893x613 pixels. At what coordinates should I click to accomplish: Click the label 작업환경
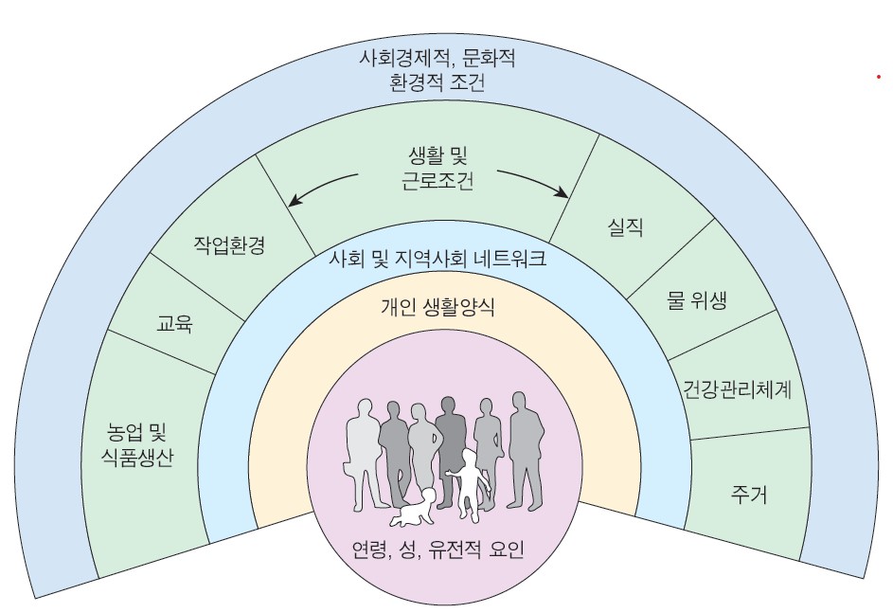click(229, 245)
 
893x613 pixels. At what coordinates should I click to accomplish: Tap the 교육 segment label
click(174, 324)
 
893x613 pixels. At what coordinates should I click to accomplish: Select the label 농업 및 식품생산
click(136, 445)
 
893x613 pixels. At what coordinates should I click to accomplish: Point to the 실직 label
click(625, 227)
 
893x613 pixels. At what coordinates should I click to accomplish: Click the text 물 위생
click(697, 299)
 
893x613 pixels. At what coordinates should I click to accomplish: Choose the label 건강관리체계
click(737, 389)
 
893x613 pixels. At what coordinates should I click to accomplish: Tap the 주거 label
click(749, 494)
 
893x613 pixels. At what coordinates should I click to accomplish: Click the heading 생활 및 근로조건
click(438, 168)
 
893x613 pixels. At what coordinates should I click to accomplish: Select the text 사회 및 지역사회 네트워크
click(438, 260)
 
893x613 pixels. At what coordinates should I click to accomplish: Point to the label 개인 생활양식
click(438, 307)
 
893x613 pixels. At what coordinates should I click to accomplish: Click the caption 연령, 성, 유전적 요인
click(438, 550)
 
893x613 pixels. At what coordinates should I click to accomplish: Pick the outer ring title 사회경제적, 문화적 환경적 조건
click(438, 70)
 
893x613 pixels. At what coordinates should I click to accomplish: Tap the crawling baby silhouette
click(414, 508)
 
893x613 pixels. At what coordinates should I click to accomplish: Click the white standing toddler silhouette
click(469, 485)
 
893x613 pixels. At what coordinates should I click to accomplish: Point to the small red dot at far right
click(879, 77)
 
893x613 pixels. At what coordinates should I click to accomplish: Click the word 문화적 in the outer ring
click(489, 58)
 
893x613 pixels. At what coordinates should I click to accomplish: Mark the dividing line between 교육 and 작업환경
click(198, 286)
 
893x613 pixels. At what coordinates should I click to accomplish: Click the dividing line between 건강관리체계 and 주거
click(749, 433)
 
